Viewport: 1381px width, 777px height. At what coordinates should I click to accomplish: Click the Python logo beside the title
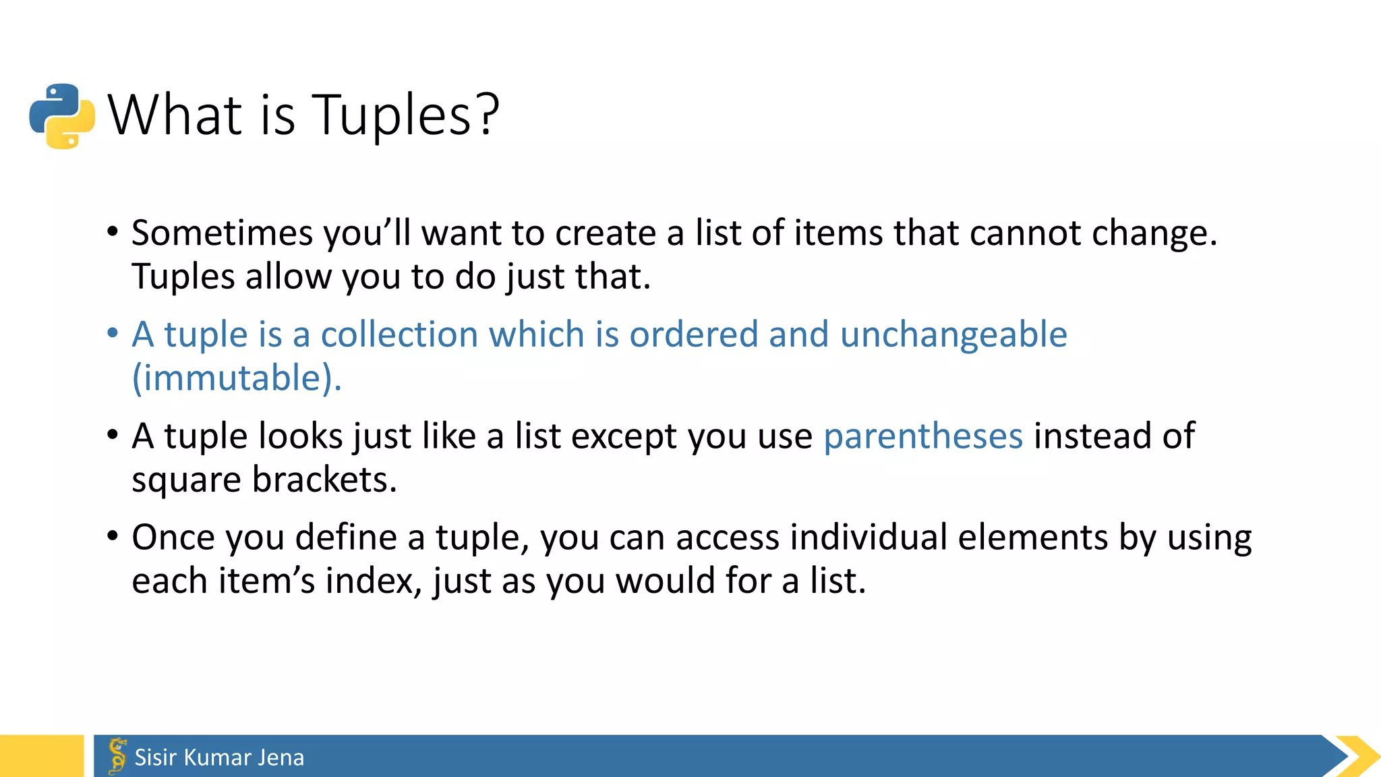[62, 116]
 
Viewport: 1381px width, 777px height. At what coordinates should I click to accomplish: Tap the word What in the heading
[175, 115]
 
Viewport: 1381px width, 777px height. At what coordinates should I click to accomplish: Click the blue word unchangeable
[953, 335]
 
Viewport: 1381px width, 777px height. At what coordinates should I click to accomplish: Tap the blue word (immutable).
[237, 378]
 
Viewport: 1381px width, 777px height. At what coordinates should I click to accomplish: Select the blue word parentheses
[922, 436]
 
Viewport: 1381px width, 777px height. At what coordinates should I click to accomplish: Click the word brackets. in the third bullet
[324, 480]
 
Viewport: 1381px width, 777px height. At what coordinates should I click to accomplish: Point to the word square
[186, 481]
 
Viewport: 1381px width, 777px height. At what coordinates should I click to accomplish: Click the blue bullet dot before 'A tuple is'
[113, 333]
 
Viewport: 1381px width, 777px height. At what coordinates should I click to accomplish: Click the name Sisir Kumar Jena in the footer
[219, 757]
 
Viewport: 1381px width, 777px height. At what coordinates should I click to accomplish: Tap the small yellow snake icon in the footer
[117, 756]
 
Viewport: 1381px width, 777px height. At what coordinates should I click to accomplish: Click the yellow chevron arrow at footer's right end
[1357, 756]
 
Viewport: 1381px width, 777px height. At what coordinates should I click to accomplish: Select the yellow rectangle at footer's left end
[41, 756]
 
